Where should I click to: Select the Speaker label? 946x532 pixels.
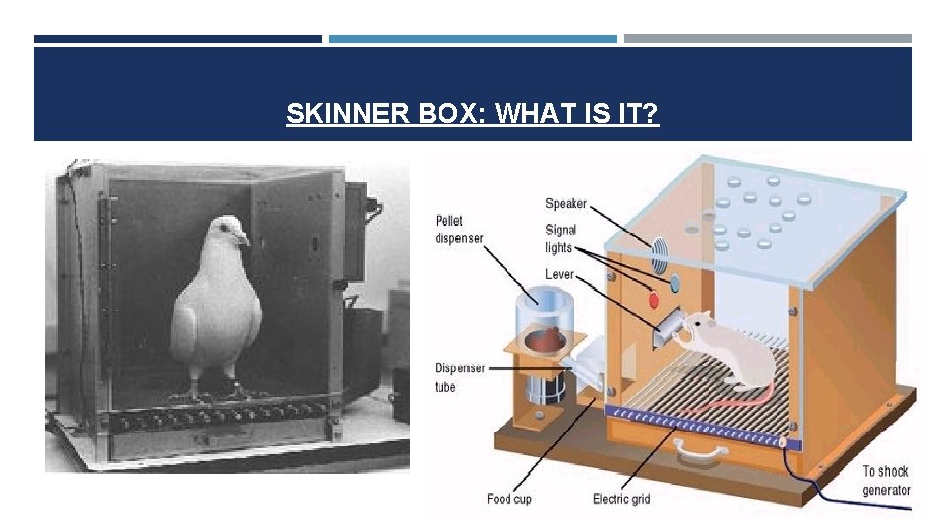point(566,204)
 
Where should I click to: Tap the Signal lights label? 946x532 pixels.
point(560,238)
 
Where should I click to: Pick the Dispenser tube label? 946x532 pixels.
point(459,377)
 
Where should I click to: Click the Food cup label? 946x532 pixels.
point(509,499)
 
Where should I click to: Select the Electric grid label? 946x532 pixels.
point(622,499)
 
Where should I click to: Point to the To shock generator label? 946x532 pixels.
point(886,480)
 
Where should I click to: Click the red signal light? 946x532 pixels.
point(652,299)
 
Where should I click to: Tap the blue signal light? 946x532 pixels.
point(674,284)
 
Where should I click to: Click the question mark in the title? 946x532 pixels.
point(651,115)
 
